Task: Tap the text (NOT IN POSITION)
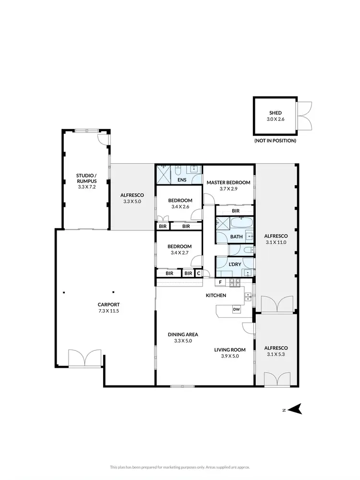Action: pos(276,141)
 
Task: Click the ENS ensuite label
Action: pos(182,180)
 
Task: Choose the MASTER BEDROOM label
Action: pos(228,182)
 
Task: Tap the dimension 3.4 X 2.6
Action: pos(180,207)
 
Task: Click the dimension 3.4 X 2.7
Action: pos(180,252)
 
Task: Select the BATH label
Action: pos(236,237)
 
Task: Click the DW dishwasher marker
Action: pos(236,310)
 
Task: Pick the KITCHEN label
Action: pos(216,295)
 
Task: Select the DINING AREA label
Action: pos(183,334)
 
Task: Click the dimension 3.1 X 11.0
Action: pos(276,242)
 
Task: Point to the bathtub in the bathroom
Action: pos(240,224)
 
